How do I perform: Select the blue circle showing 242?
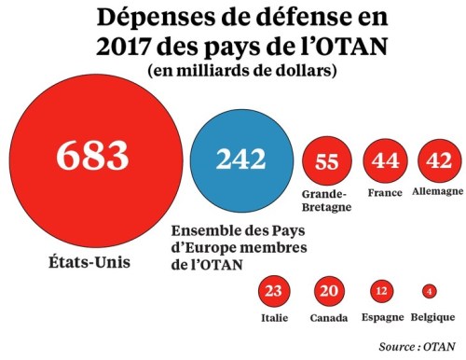pyautogui.click(x=241, y=159)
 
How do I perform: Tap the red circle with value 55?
pyautogui.click(x=327, y=161)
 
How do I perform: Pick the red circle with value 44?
pyautogui.click(x=385, y=161)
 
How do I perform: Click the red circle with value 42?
pyautogui.click(x=438, y=161)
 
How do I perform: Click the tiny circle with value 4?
pyautogui.click(x=429, y=291)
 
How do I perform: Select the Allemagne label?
pyautogui.click(x=437, y=191)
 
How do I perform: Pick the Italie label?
pyautogui.click(x=273, y=318)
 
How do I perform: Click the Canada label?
pyautogui.click(x=329, y=318)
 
